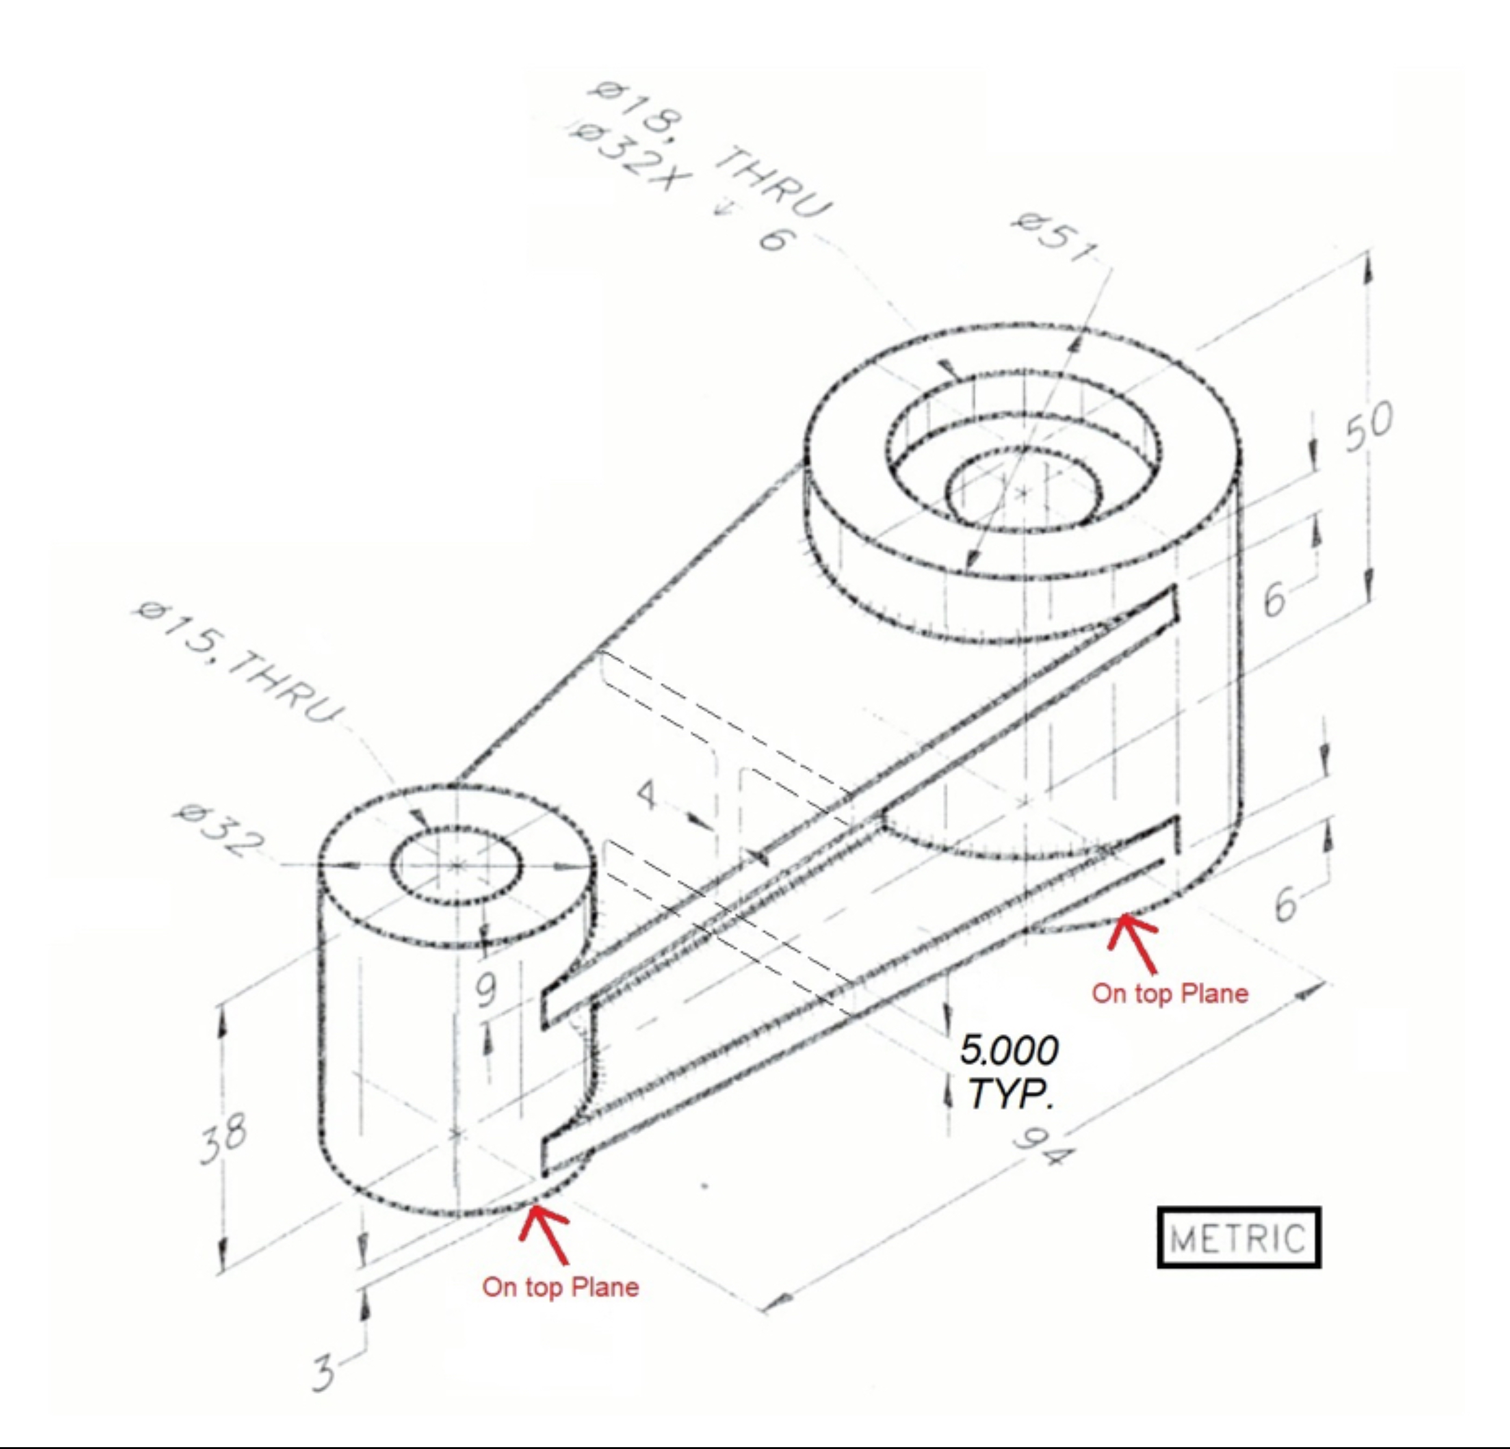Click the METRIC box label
(1238, 1238)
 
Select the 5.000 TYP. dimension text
(1009, 1071)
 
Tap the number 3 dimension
(324, 1372)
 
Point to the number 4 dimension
(647, 794)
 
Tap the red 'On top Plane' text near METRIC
(1169, 993)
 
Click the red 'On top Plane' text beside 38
(560, 1286)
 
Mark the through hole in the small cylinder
(458, 866)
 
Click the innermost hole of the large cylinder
(1023, 492)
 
